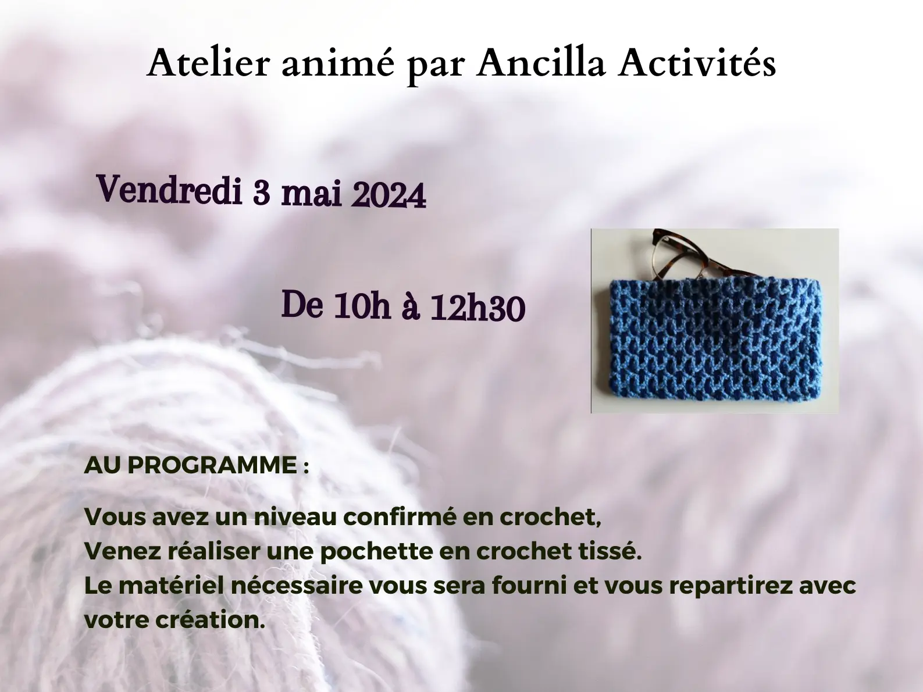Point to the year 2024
tap(389, 195)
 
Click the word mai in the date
tap(311, 193)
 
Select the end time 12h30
tap(477, 308)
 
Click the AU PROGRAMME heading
tap(196, 465)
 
